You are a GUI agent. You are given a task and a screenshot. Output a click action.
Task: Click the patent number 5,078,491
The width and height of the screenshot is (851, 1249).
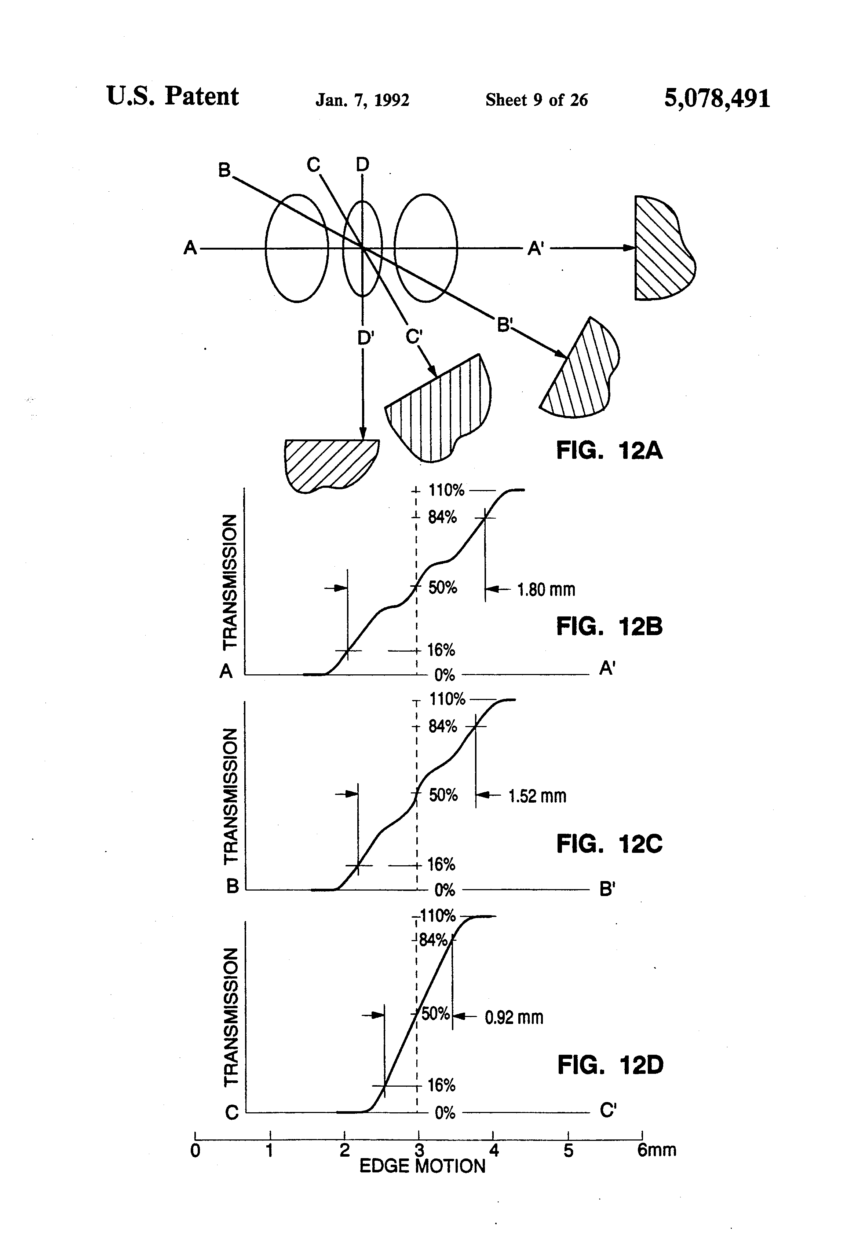717,99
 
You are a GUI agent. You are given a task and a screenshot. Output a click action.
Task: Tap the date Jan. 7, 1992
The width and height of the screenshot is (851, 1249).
362,100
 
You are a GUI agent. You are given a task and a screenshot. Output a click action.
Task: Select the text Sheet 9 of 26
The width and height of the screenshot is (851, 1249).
536,100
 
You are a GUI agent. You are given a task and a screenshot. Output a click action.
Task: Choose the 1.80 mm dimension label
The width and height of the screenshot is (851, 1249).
546,590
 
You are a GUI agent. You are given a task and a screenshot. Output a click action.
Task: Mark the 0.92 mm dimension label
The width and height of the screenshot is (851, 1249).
514,1017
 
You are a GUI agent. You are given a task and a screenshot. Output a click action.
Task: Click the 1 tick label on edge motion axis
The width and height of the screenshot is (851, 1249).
270,1151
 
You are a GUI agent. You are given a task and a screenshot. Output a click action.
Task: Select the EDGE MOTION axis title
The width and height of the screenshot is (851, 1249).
422,1166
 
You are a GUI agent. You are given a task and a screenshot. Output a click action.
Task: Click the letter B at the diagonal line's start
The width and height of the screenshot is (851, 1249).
224,170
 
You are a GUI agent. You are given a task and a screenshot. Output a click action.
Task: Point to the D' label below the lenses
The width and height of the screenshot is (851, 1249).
366,338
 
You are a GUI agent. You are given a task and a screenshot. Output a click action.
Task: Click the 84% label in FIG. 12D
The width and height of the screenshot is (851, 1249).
434,940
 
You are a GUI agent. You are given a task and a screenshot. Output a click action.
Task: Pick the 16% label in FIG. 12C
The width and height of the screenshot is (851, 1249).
441,865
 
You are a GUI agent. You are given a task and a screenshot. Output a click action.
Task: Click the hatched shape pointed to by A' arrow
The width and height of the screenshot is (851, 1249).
662,248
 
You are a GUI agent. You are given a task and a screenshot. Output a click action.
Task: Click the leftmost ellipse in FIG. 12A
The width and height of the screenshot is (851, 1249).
296,248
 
